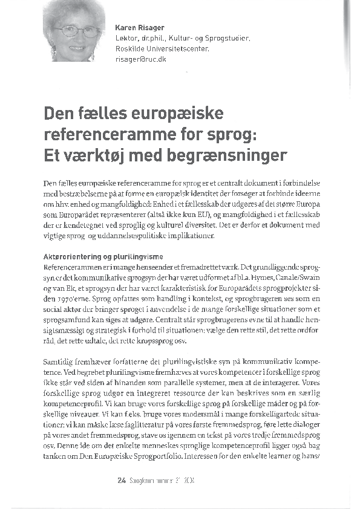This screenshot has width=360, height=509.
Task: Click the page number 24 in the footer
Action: pyautogui.click(x=121, y=481)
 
